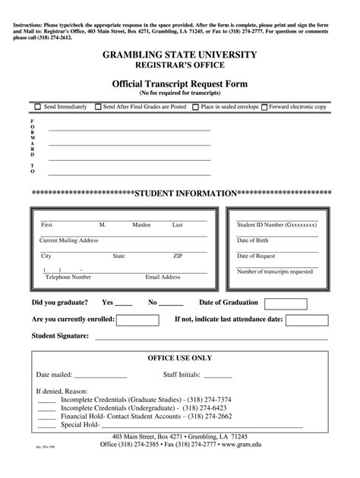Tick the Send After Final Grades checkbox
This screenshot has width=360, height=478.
pos(98,107)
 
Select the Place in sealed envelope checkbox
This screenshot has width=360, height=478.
pos(195,107)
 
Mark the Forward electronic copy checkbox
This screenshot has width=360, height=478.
pos(264,107)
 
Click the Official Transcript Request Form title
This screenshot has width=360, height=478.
pos(180,83)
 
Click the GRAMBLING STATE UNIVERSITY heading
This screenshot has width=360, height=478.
pos(180,55)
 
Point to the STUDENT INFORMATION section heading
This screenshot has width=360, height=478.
pos(185,193)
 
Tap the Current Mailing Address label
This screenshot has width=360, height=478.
pos(69,240)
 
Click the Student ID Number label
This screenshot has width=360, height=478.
pos(276,225)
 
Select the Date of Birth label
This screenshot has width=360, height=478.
pos(252,241)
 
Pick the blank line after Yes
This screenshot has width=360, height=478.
pos(125,303)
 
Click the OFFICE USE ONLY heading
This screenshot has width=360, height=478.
pos(179,357)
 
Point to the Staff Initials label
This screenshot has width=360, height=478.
pos(182,375)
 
